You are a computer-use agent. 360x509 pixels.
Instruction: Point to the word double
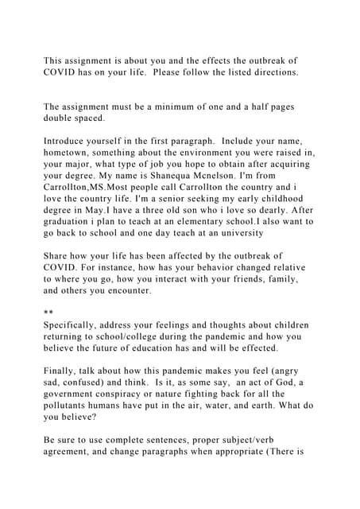(61, 118)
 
